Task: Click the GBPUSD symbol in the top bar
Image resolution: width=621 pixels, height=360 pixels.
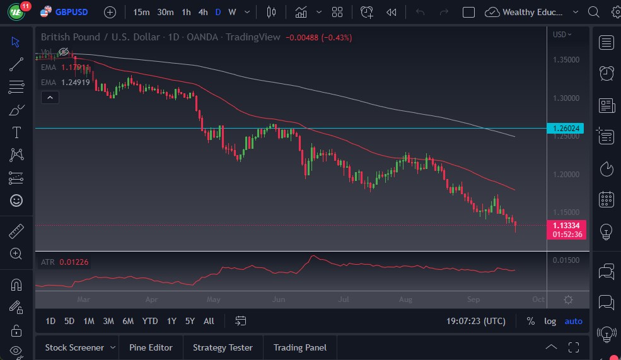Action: click(71, 12)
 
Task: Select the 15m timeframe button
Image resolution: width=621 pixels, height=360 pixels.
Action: click(142, 12)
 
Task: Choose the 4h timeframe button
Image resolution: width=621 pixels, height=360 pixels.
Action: click(202, 12)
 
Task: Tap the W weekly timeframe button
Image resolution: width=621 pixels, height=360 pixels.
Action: click(232, 12)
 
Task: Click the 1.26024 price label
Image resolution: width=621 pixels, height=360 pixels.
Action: click(566, 129)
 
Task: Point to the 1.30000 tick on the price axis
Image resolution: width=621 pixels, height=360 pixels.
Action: click(566, 98)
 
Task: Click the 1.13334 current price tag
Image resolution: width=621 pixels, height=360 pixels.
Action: click(567, 225)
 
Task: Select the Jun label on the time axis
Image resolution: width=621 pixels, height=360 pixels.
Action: click(279, 300)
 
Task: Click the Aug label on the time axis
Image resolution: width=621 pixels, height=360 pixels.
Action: click(406, 300)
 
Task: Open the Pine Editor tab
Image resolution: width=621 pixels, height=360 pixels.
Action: click(151, 347)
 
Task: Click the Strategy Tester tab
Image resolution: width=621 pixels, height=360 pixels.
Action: click(223, 347)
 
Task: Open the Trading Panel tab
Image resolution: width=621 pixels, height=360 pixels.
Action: click(299, 347)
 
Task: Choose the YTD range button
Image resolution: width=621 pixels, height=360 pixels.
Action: click(150, 321)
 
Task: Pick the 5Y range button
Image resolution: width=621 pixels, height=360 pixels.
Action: click(190, 321)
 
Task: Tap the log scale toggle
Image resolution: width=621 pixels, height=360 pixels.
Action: click(550, 321)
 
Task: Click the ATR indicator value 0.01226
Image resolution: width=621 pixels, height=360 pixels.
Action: click(74, 262)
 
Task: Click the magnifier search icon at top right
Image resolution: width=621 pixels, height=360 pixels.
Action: click(593, 12)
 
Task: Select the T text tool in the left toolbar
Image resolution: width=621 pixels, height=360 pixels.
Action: click(16, 132)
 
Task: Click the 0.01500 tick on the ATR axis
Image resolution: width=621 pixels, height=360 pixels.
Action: click(566, 260)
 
